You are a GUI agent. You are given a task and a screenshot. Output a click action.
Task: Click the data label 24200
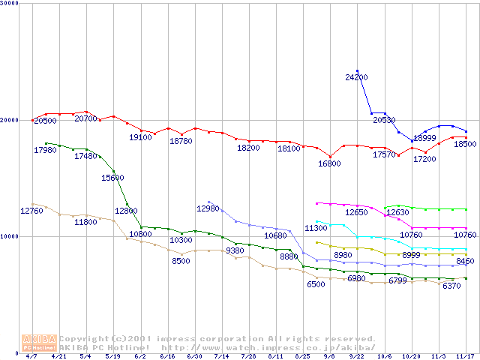tap(356, 77)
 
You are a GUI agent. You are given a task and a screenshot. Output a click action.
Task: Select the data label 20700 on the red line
tap(86, 118)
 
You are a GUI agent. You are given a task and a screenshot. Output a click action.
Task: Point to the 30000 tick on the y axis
tap(9, 4)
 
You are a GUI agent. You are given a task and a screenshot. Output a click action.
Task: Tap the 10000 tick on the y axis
tap(9, 236)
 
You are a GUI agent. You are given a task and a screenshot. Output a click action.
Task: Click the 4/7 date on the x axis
tap(31, 356)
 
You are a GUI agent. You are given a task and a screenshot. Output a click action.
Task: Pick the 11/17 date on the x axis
tap(466, 356)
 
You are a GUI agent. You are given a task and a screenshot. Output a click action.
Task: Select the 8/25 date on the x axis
tap(303, 356)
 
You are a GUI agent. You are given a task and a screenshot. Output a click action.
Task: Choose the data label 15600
tap(112, 178)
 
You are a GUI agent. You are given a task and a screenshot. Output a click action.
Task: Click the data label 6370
tap(451, 286)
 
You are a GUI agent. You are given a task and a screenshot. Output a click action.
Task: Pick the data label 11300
tap(316, 228)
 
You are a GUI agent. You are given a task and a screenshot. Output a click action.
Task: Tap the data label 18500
tap(465, 144)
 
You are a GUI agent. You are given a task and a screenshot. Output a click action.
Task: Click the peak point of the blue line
tap(357, 70)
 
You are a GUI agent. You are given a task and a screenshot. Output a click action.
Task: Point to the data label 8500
tap(181, 261)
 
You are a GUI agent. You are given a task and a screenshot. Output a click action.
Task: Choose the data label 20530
tap(384, 120)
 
